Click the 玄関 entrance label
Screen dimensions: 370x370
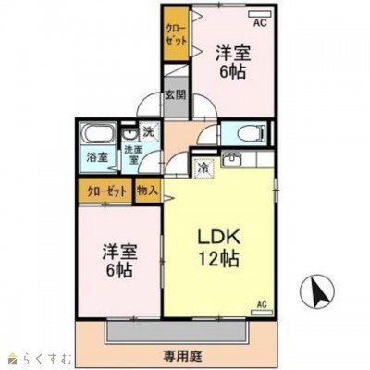tap(176, 95)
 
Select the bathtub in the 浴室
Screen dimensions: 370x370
tap(96, 134)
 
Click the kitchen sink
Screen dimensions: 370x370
tap(231, 159)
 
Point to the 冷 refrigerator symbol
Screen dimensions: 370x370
tap(203, 168)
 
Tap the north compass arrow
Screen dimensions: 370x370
tap(317, 290)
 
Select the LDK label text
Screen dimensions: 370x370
tap(219, 238)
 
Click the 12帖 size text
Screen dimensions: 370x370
tap(219, 259)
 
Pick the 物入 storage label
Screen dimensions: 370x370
tap(148, 191)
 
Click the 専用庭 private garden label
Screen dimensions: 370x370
tap(182, 357)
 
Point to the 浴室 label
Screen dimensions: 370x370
tap(97, 157)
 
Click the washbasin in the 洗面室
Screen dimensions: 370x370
tap(129, 136)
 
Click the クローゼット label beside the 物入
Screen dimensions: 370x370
tap(107, 191)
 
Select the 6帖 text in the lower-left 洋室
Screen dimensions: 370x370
tap(119, 271)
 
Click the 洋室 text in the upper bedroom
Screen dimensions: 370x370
tap(233, 53)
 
